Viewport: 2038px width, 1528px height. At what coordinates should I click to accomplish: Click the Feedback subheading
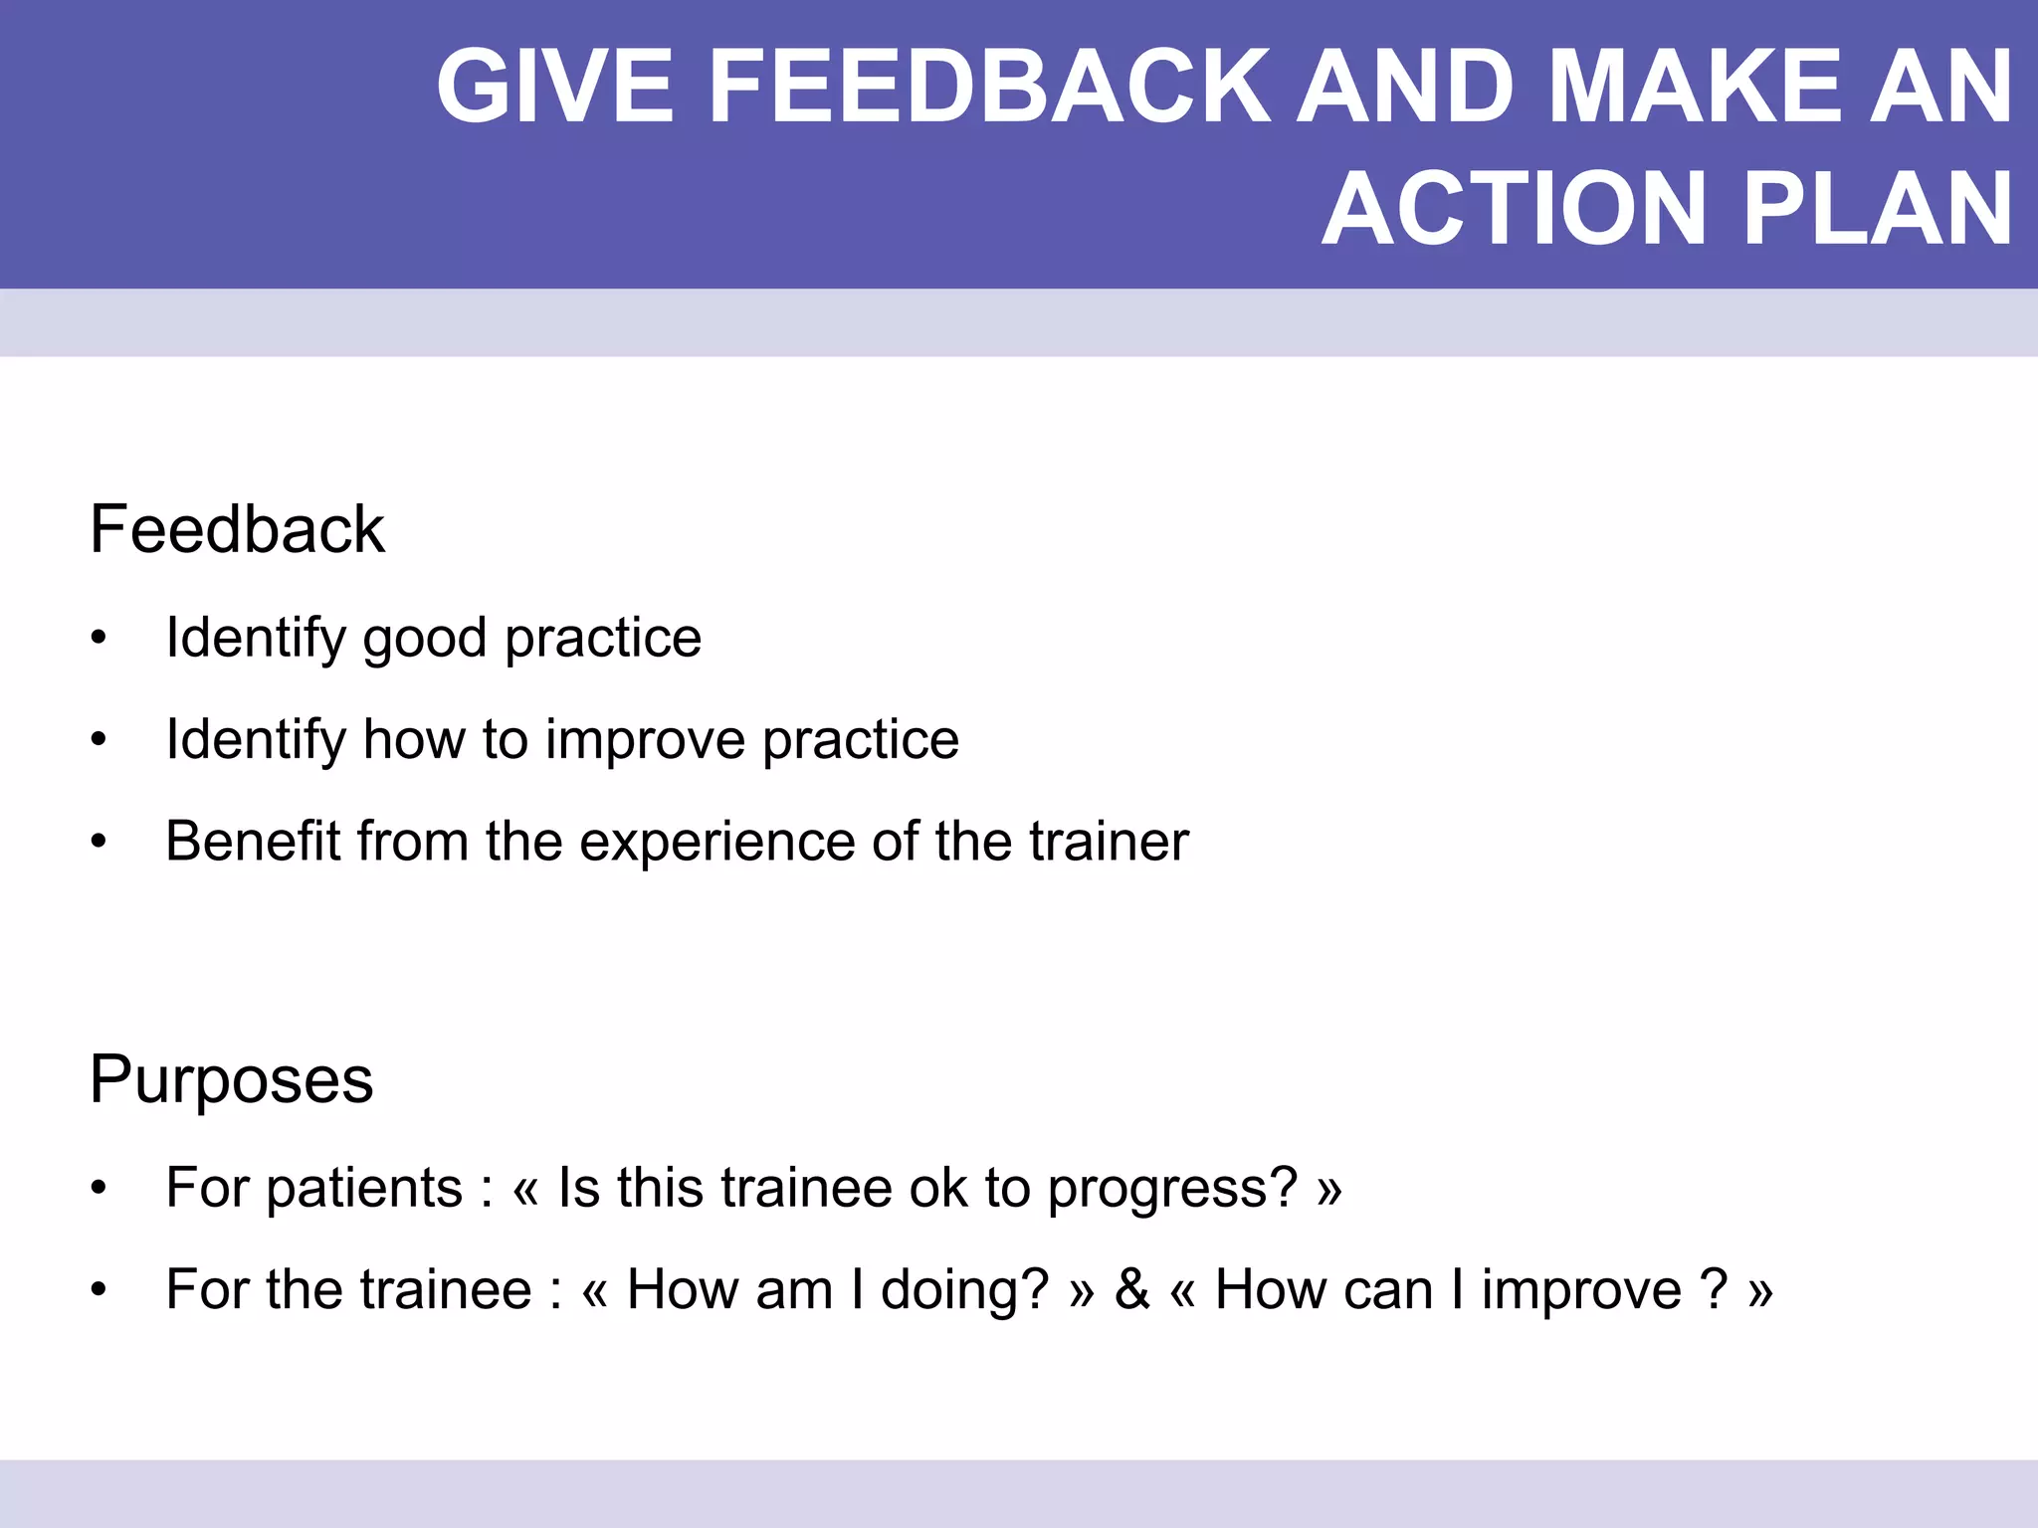237,529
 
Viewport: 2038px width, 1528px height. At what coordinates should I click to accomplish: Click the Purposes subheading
231,1079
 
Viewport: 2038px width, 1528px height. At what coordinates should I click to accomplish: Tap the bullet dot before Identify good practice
98,639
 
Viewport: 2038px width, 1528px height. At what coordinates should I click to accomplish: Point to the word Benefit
253,842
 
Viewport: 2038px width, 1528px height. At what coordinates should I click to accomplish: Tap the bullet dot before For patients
98,1189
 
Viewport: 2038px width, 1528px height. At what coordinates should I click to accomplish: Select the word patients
364,1189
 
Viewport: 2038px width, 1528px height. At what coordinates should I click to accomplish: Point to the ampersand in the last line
1131,1290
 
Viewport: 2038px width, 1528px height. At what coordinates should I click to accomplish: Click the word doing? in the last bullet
964,1290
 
